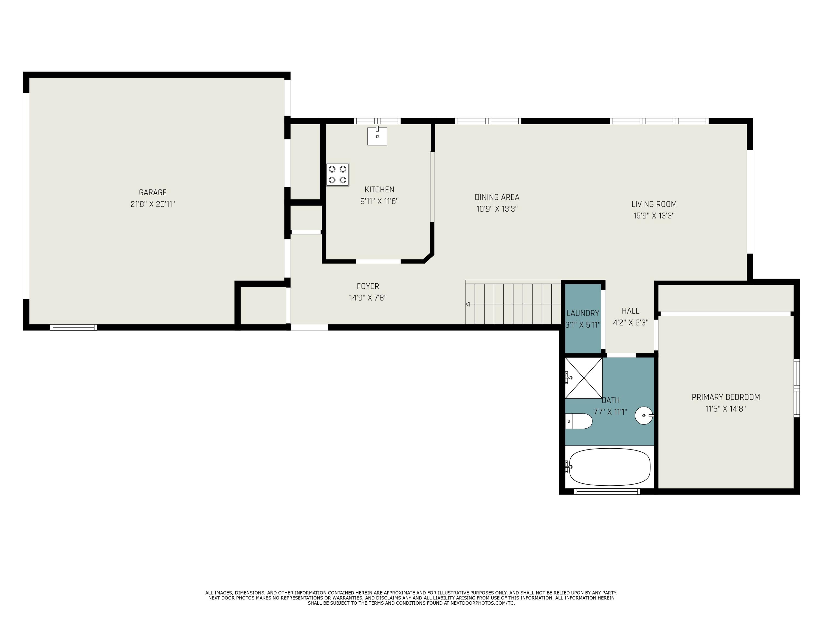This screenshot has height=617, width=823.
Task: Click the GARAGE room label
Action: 153,192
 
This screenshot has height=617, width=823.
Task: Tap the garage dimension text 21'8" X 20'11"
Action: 153,204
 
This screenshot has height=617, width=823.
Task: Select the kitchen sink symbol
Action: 377,136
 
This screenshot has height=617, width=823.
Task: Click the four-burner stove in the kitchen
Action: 337,174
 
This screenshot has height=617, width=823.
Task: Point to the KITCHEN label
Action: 379,189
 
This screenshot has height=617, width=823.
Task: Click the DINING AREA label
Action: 497,197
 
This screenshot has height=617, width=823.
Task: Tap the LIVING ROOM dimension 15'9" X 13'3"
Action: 654,216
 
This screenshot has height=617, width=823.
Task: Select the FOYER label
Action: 368,286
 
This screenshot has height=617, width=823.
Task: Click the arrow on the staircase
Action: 468,304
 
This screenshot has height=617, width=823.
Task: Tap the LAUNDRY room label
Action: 583,313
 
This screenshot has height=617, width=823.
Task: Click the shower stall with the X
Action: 584,378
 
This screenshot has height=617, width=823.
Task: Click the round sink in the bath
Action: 644,415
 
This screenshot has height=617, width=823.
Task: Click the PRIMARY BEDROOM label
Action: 726,397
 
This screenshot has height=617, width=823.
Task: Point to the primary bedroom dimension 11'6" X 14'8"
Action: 726,409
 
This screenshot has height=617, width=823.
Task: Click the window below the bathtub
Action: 607,491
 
